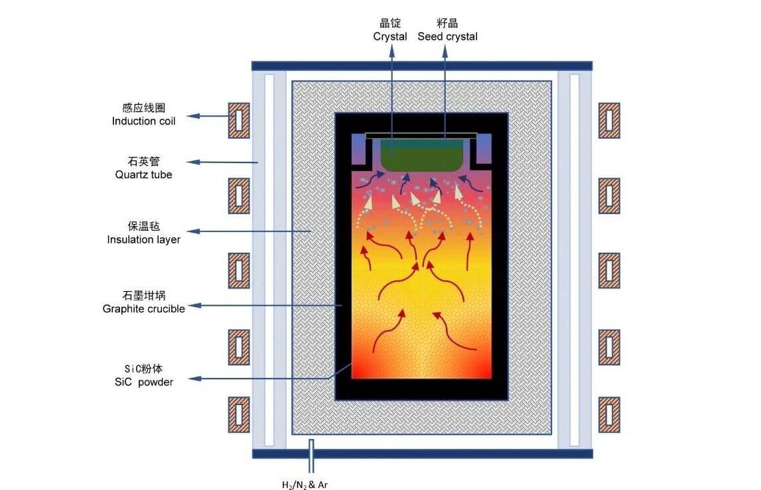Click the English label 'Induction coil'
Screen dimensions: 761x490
click(144, 121)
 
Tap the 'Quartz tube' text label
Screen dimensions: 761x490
click(144, 174)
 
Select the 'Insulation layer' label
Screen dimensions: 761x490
click(144, 239)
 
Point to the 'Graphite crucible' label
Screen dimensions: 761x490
click(144, 309)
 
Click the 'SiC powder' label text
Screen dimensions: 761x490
click(144, 383)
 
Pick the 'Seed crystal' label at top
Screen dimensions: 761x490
click(447, 37)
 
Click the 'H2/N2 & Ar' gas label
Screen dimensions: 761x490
click(305, 485)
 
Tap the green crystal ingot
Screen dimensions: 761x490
click(420, 155)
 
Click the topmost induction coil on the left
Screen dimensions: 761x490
click(240, 120)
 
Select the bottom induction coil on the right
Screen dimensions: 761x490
click(609, 415)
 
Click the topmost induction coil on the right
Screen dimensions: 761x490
click(609, 120)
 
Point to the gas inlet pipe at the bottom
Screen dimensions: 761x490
click(311, 456)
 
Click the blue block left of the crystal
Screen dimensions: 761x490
click(359, 149)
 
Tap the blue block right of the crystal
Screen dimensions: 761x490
click(484, 149)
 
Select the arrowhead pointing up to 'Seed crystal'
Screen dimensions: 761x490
click(445, 52)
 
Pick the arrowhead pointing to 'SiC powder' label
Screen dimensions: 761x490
click(194, 379)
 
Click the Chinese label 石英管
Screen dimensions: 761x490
click(144, 161)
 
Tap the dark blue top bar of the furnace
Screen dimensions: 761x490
click(422, 66)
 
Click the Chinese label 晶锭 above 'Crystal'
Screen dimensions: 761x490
click(390, 23)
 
